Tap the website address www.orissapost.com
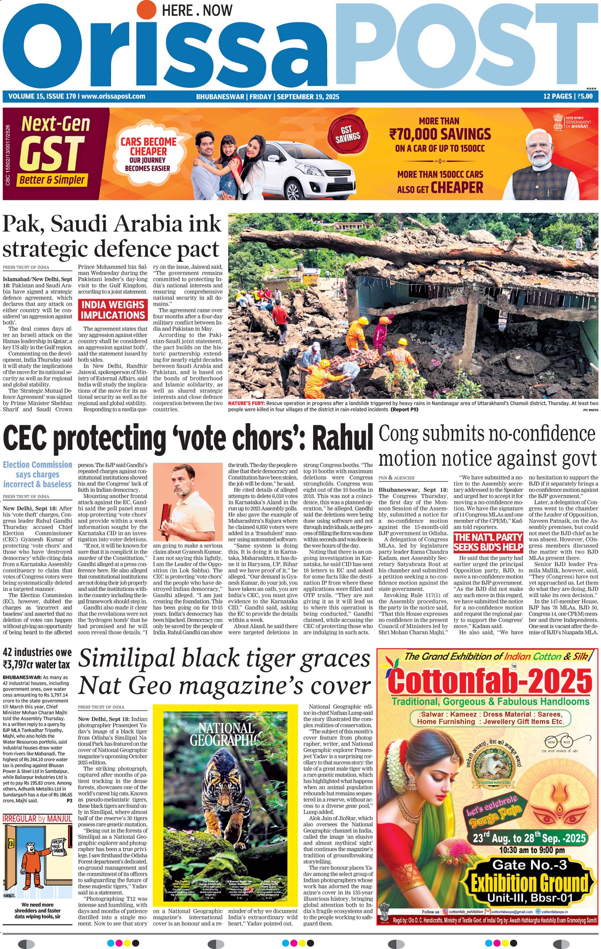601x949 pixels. click(113, 96)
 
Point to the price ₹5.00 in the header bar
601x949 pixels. click(585, 96)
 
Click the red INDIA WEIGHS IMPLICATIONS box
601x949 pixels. click(113, 310)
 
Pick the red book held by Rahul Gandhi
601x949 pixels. click(166, 514)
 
